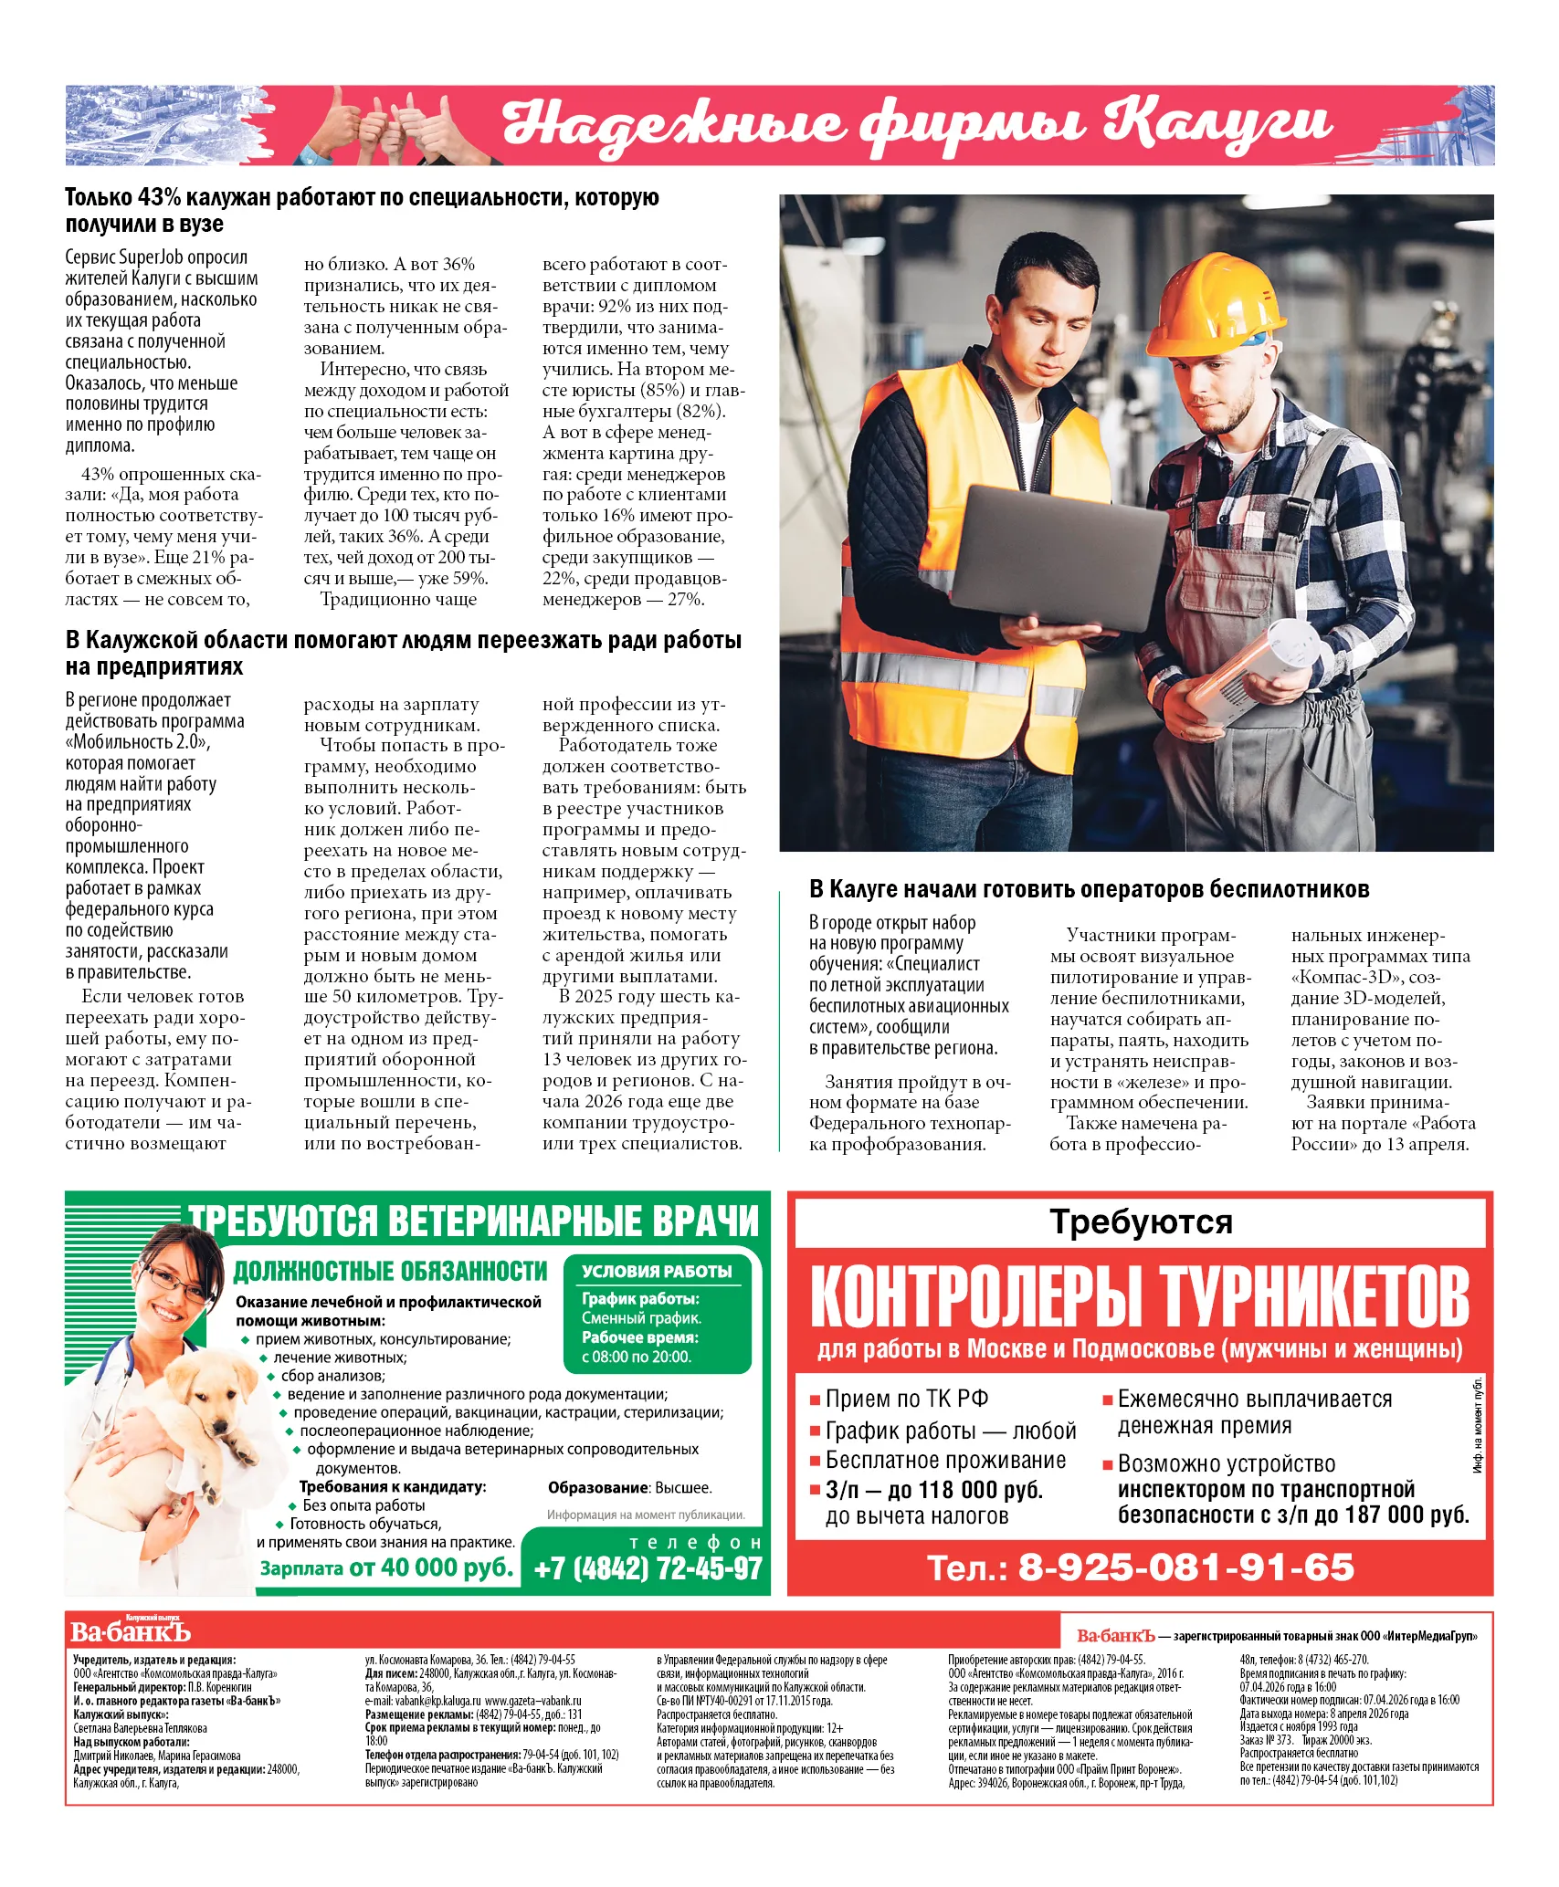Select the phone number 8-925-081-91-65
(1186, 1568)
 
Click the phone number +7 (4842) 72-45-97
(648, 1568)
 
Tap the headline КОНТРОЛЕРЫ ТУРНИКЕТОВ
(1139, 1296)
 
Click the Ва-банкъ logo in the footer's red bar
(130, 1630)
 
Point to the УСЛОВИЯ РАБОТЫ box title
(657, 1271)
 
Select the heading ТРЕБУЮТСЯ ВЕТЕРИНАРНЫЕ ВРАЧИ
(474, 1221)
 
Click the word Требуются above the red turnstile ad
(1141, 1221)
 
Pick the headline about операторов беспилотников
(1090, 888)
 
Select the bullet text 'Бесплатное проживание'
(945, 1460)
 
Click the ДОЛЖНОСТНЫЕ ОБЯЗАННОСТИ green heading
(390, 1271)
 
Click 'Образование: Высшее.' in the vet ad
(629, 1487)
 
